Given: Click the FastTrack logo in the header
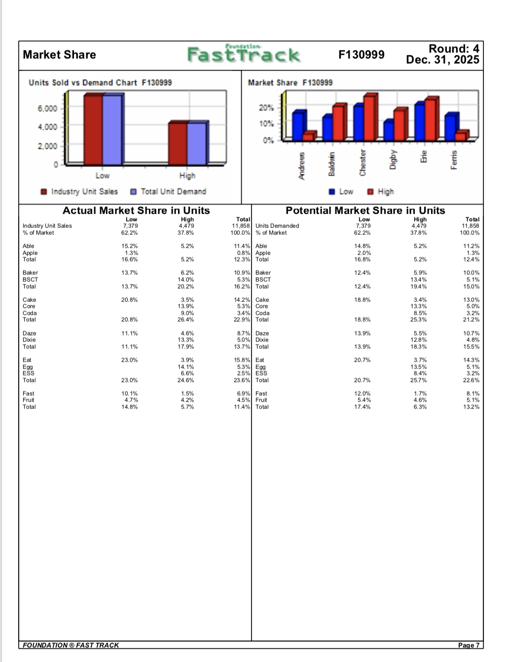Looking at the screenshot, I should [x=243, y=54].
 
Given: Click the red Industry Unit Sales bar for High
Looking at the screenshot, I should [x=178, y=144].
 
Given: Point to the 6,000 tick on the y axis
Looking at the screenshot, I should [x=47, y=109].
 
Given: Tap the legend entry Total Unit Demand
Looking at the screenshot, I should [x=168, y=191].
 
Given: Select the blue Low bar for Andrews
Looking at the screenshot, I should [x=297, y=127].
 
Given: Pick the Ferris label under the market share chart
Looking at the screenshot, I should [x=454, y=160].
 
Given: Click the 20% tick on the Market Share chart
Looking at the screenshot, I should [x=266, y=108].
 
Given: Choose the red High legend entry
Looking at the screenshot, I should [x=381, y=191].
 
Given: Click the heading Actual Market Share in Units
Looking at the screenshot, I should [x=136, y=211].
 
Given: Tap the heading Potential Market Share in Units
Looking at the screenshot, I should [x=365, y=211].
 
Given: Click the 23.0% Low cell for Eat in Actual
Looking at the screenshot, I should [x=129, y=360].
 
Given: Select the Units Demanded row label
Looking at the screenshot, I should [x=277, y=226].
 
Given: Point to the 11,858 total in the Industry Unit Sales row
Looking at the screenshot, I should [x=241, y=226].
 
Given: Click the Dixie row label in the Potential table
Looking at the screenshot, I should [x=262, y=340].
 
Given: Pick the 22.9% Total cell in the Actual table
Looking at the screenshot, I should [x=242, y=320].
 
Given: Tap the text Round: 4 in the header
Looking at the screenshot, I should [x=454, y=49].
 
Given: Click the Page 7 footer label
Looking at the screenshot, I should [x=469, y=645].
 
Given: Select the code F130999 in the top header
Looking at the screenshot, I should [x=362, y=55].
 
